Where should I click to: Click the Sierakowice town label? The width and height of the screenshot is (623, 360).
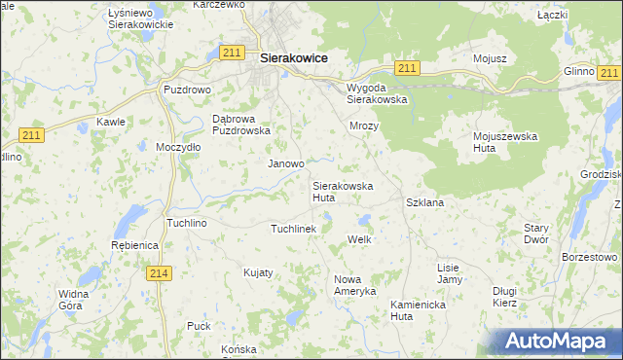(293, 58)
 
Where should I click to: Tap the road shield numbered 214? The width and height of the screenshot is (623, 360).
(162, 274)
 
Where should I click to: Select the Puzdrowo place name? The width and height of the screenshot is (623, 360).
(186, 90)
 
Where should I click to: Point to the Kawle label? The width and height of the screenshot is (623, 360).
(110, 123)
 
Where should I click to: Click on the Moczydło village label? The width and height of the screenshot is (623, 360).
(178, 147)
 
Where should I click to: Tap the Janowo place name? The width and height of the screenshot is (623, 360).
(286, 164)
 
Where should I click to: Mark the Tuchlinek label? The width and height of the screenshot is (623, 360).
(293, 229)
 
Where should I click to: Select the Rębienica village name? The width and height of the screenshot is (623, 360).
(135, 246)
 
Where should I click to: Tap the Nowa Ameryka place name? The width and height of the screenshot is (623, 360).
(354, 285)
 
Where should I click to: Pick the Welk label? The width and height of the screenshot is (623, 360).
(360, 239)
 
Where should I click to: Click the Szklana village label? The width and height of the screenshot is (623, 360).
(424, 202)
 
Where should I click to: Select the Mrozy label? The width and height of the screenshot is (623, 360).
(364, 126)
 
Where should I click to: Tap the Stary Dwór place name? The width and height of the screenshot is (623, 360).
(536, 233)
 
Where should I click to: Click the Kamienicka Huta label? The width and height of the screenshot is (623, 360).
(416, 309)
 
